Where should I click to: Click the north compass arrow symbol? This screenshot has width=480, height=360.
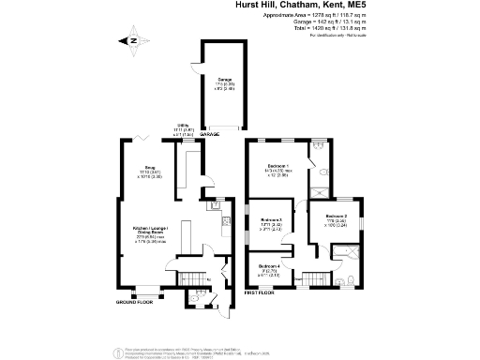pyautogui.click(x=132, y=39)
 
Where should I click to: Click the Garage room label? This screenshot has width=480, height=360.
pyautogui.click(x=225, y=79)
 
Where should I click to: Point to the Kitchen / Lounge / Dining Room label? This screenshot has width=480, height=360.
pyautogui.click(x=150, y=228)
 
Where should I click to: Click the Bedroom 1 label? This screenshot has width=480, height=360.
pyautogui.click(x=277, y=166)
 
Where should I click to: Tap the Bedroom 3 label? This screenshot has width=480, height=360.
pyautogui.click(x=272, y=220)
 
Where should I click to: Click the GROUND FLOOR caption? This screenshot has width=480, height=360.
pyautogui.click(x=134, y=303)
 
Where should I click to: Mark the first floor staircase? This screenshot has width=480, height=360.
pyautogui.click(x=313, y=277)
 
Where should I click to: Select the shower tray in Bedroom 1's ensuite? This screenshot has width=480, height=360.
pyautogui.click(x=320, y=146)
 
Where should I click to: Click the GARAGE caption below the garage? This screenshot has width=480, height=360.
pyautogui.click(x=209, y=135)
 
